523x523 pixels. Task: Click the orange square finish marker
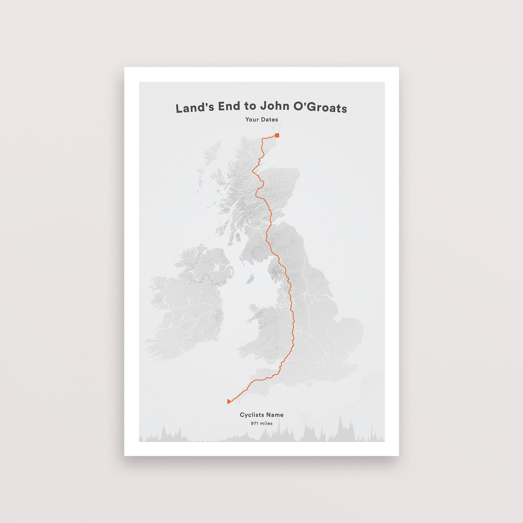point(277,136)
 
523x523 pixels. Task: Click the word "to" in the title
point(250,107)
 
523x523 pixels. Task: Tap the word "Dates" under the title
point(270,119)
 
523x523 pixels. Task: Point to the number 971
point(255,431)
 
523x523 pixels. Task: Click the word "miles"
point(266,431)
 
